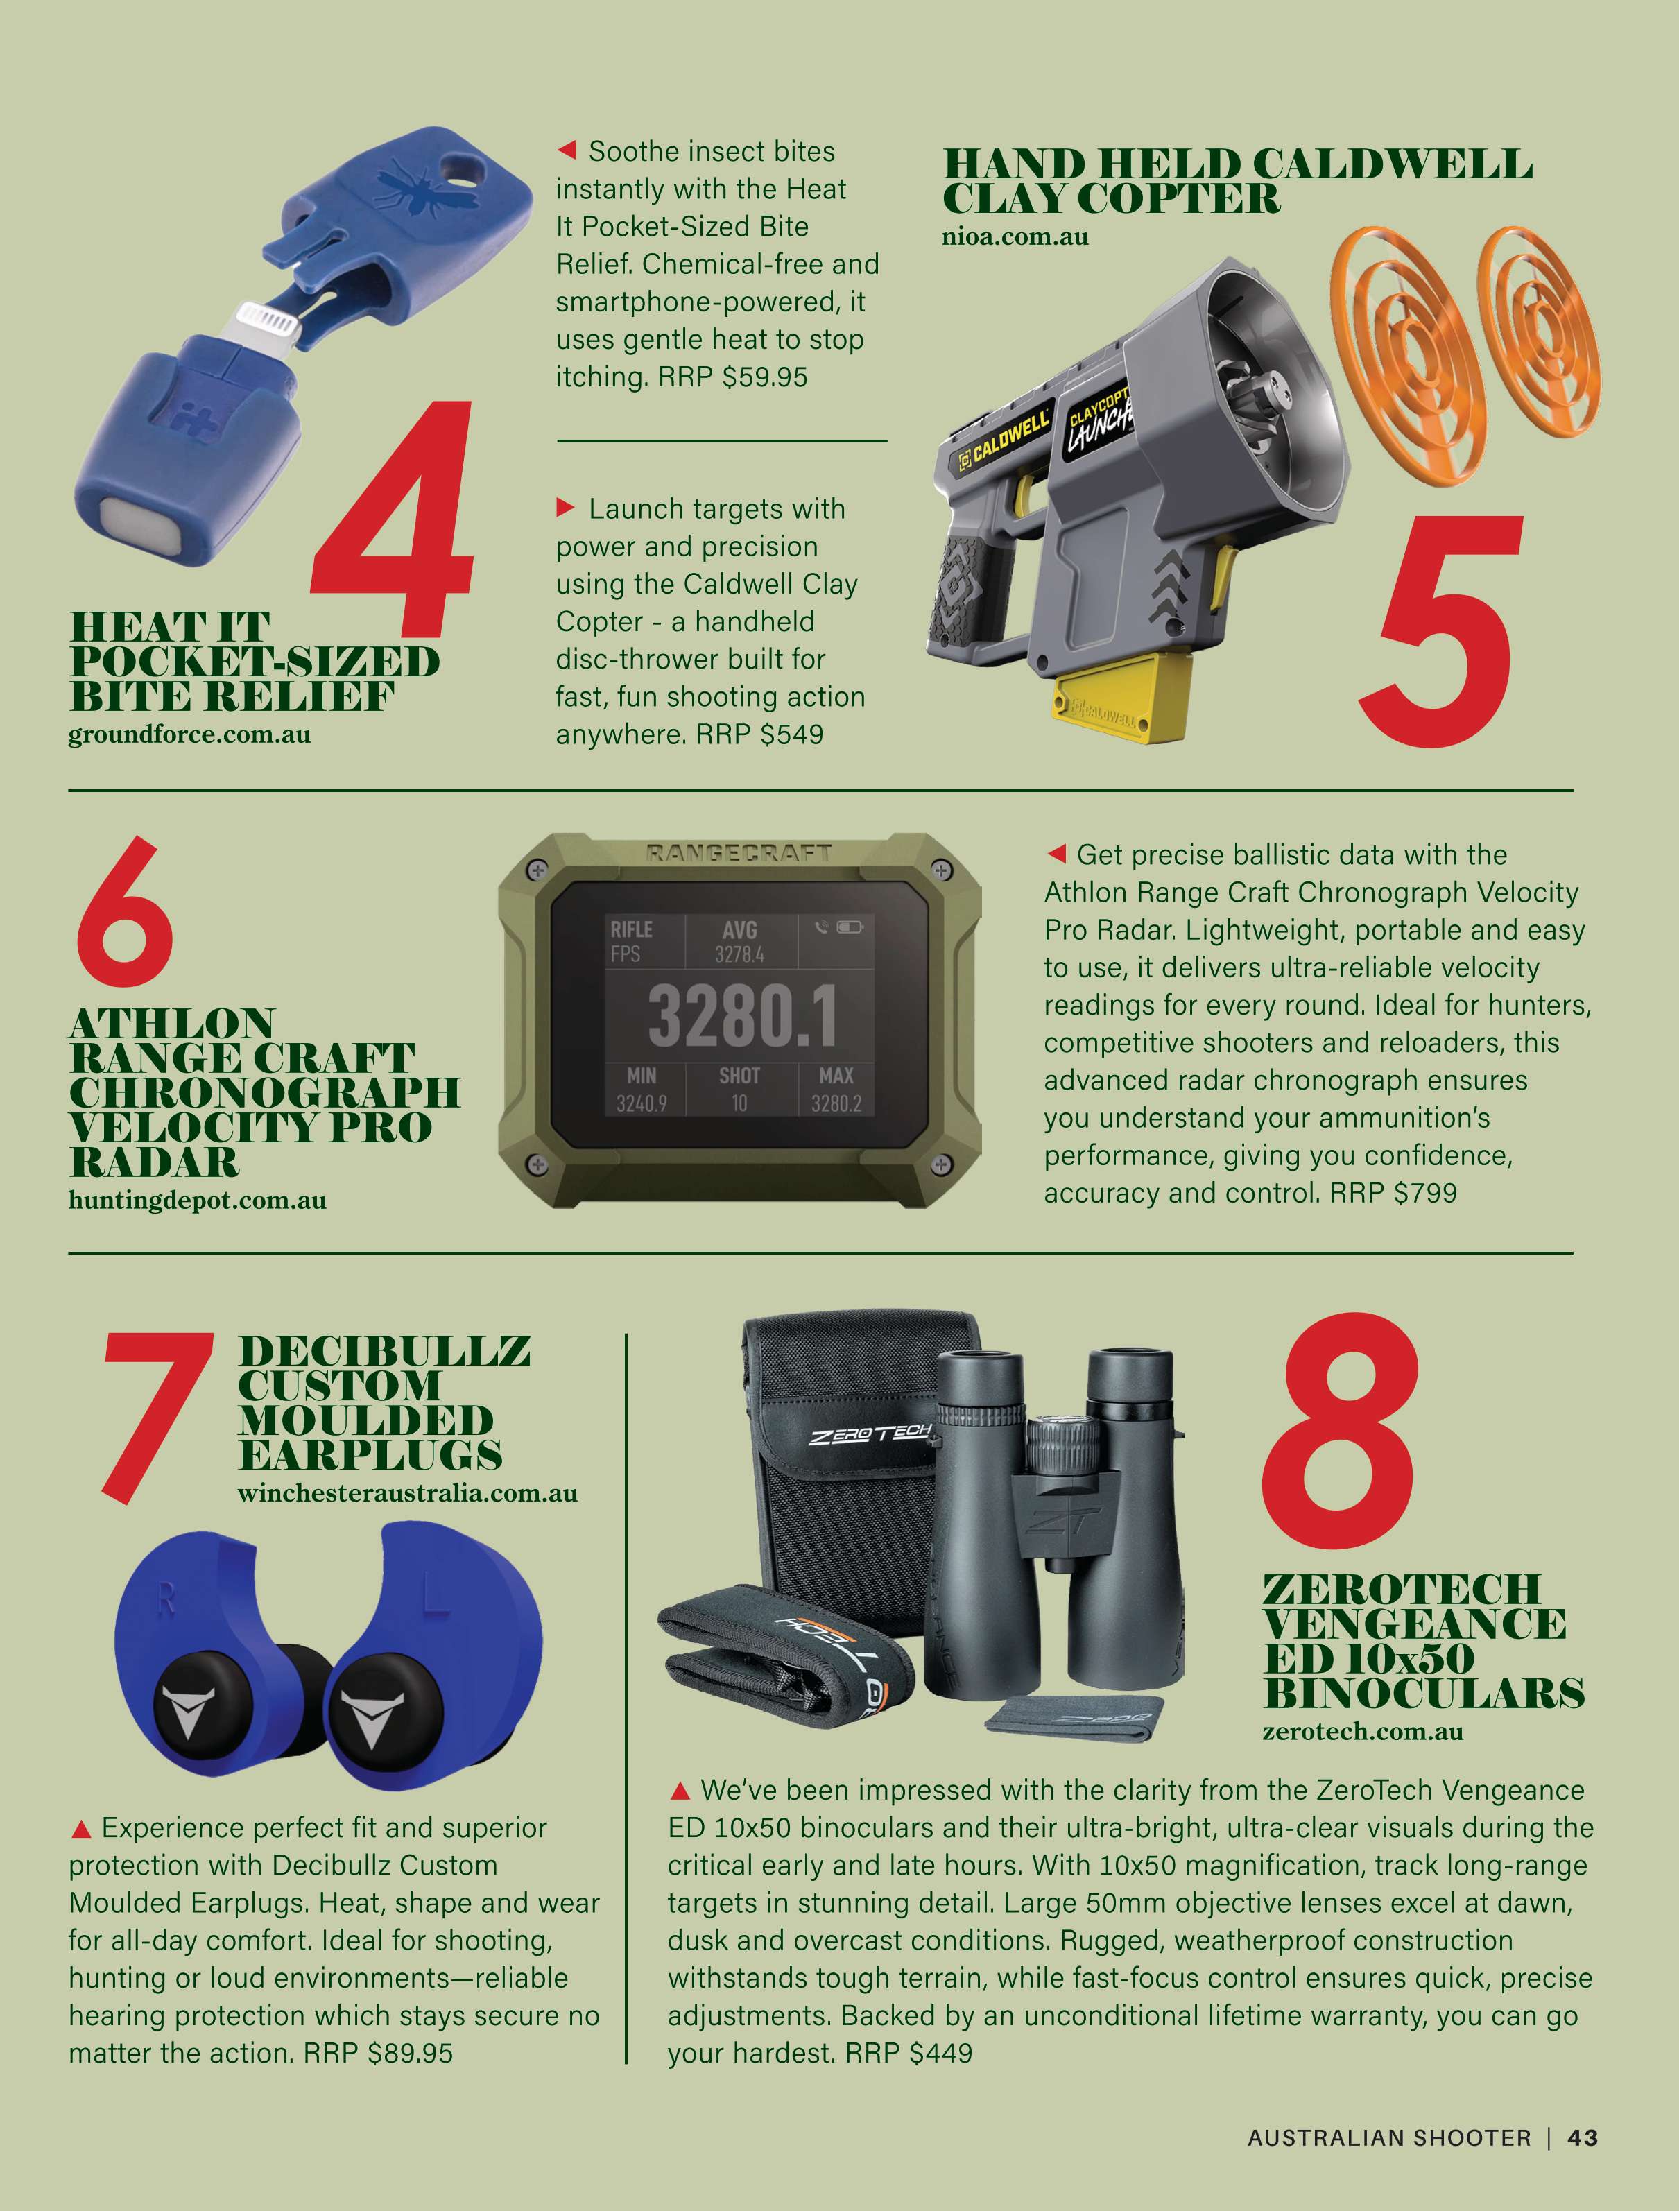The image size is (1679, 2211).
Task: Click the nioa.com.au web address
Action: tap(1015, 237)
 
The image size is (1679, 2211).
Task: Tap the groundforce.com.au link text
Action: tap(189, 734)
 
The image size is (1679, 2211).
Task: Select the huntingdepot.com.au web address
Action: tap(197, 1201)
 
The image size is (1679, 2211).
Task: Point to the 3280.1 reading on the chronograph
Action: tap(741, 1015)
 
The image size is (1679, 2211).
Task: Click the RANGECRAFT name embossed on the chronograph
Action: tap(739, 852)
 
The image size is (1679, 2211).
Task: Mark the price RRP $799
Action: tap(1393, 1192)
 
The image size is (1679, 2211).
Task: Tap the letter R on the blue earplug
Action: tap(165, 1600)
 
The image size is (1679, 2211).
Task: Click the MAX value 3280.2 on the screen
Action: tap(836, 1103)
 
